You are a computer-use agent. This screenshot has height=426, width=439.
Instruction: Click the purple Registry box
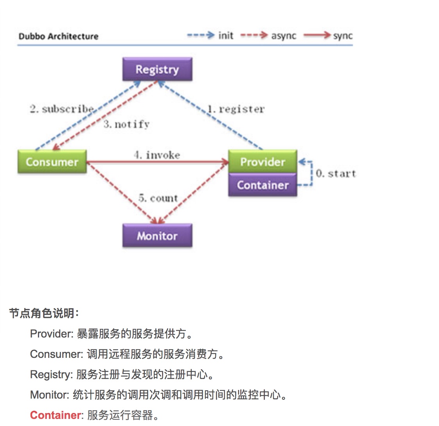point(157,69)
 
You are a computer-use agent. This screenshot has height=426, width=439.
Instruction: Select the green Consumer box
point(52,162)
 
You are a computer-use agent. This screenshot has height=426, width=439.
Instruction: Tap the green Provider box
point(263,161)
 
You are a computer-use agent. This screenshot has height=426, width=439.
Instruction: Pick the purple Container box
point(263,185)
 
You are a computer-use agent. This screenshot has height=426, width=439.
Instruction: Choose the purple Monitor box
point(157,236)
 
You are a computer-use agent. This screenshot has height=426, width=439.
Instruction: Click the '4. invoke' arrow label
point(157,155)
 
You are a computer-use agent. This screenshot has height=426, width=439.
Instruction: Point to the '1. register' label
point(236,109)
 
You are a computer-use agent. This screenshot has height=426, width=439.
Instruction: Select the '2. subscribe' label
point(62,109)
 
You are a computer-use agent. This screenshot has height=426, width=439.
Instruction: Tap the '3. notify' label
point(126,124)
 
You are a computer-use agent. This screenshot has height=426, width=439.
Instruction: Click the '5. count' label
point(158,198)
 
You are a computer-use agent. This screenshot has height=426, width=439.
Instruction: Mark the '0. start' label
point(336,173)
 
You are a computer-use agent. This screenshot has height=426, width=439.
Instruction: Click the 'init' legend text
point(226,36)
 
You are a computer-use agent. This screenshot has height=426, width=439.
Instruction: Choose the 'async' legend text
point(284,36)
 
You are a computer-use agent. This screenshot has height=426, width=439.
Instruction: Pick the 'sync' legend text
point(343,36)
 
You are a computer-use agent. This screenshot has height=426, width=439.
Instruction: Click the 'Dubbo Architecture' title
point(59,36)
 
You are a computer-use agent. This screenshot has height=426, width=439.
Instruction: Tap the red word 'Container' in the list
point(55,415)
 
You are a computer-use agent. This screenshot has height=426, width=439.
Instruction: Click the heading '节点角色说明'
point(43,313)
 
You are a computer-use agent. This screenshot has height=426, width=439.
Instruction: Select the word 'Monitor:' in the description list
point(50,395)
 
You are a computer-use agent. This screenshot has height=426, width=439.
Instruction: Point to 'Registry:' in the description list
point(51,374)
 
